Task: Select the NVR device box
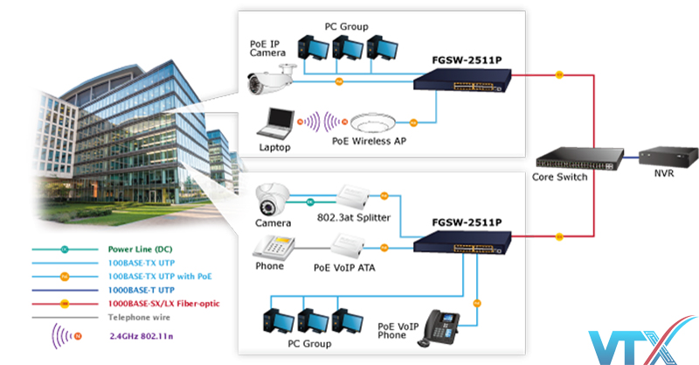pos(669,156)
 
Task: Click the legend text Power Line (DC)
pos(140,249)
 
